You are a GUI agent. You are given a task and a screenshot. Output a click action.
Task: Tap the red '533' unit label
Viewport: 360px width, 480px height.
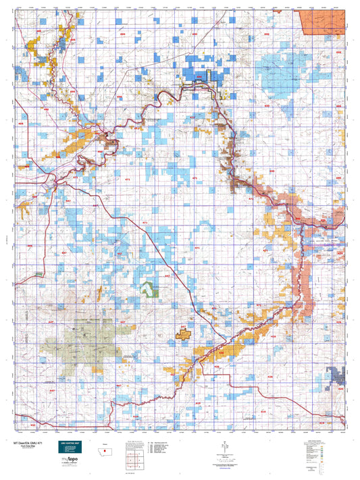click(14, 425)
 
